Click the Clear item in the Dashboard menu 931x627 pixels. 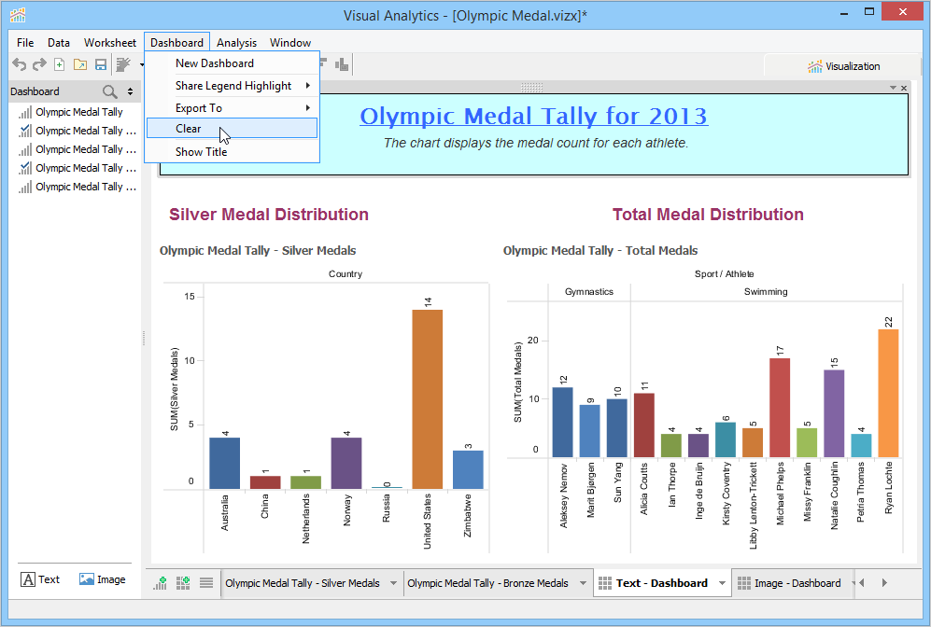point(189,129)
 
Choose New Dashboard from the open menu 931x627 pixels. point(215,63)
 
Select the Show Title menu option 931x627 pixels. point(201,152)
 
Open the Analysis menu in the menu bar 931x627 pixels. point(236,43)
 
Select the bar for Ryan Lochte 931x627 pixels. point(888,393)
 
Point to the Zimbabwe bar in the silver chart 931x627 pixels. point(468,469)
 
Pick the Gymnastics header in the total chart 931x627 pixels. point(589,292)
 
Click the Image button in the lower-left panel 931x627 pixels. point(102,579)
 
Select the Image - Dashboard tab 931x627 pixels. point(797,583)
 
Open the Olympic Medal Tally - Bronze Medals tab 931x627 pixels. point(487,583)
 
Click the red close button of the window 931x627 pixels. point(905,12)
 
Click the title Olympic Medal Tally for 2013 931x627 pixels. point(533,117)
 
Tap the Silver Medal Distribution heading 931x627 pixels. point(269,215)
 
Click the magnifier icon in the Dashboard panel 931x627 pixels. point(110,91)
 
